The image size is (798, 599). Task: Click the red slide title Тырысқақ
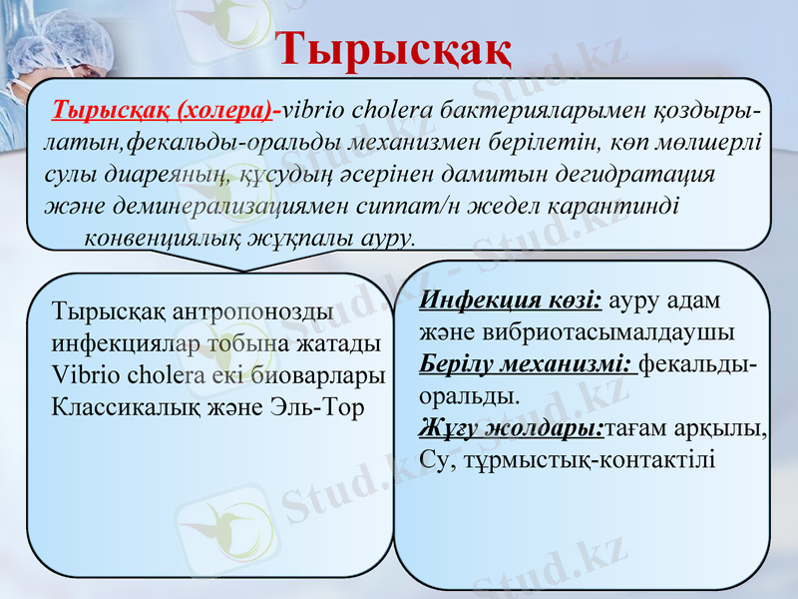click(x=394, y=48)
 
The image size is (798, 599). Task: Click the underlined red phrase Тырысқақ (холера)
click(x=168, y=108)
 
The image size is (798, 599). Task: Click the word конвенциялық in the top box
click(x=167, y=240)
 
